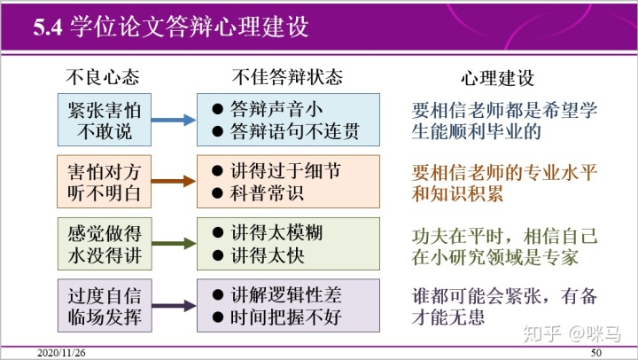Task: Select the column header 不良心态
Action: pos(104,75)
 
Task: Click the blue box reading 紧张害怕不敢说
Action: pos(104,120)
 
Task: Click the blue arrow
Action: pos(174,120)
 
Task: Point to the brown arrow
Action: pos(174,181)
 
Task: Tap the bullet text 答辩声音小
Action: pos(274,108)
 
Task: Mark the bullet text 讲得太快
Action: pos(265,254)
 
